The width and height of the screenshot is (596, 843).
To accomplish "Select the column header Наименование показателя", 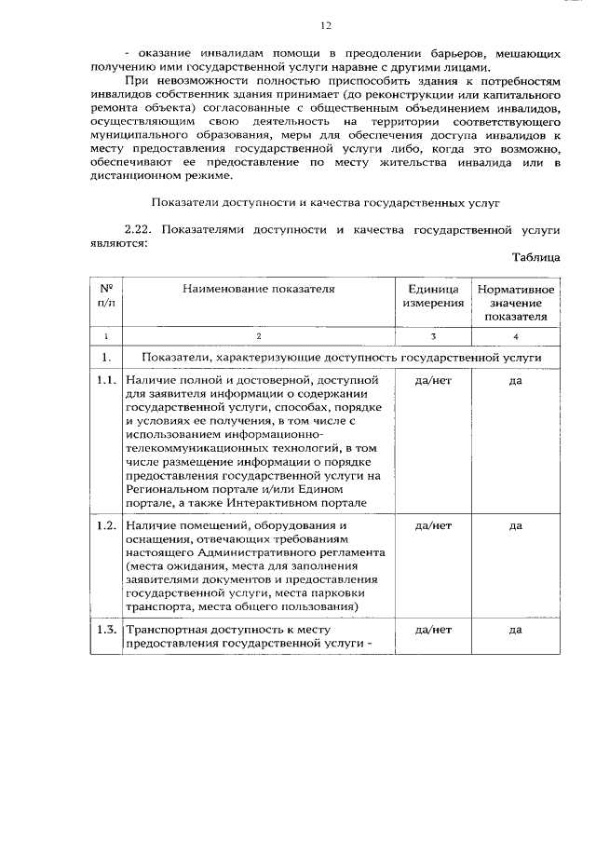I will coord(258,289).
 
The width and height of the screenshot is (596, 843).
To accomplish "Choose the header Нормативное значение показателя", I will coord(516,303).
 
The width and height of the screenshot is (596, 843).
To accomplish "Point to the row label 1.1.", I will coord(106,380).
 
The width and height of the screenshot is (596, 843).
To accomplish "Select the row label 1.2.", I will coord(106,525).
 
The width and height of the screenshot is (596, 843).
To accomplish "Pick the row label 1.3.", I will coord(106,630).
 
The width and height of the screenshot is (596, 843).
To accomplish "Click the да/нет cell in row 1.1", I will coord(433,380).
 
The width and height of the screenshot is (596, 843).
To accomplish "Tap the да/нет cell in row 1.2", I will coord(433,525).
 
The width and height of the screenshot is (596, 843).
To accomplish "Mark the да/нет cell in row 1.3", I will coord(433,630).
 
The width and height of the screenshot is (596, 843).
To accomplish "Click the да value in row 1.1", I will coord(516,380).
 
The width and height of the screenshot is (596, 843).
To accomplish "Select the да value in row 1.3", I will coord(516,630).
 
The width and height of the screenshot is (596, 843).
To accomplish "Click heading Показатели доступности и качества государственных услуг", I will coord(326,200).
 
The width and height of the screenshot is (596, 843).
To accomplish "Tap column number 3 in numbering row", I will coord(433,334).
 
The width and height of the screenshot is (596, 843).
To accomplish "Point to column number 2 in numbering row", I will coord(258,334).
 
